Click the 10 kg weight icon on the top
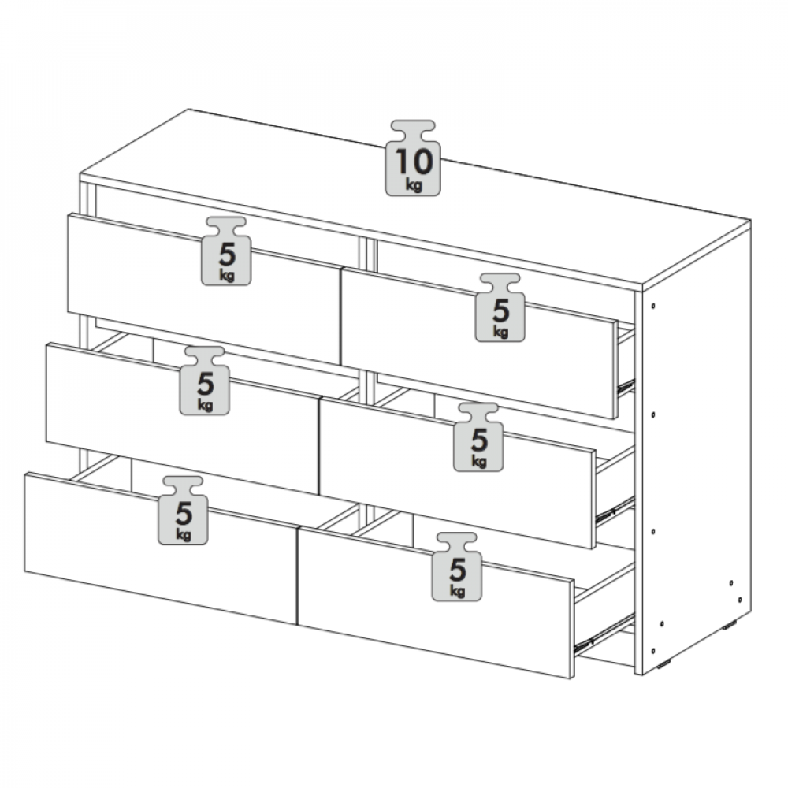pyautogui.click(x=413, y=158)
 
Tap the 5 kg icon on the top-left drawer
pyautogui.click(x=226, y=251)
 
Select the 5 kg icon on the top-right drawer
pyautogui.click(x=500, y=307)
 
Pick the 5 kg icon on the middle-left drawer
pyautogui.click(x=205, y=381)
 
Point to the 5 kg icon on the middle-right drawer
pyautogui.click(x=478, y=437)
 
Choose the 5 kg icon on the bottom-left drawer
pyautogui.click(x=183, y=510)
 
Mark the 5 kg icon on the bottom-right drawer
pyautogui.click(x=457, y=567)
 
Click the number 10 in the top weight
pyautogui.click(x=414, y=162)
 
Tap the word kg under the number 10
pyautogui.click(x=414, y=185)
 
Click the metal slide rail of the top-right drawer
pyautogui.click(x=626, y=386)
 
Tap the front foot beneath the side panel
pyautogui.click(x=666, y=665)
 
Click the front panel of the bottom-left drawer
pyautogui.click(x=161, y=548)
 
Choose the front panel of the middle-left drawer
pyautogui.click(x=183, y=418)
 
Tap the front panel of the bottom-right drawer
pyautogui.click(x=436, y=603)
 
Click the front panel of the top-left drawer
pyautogui.click(x=204, y=289)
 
